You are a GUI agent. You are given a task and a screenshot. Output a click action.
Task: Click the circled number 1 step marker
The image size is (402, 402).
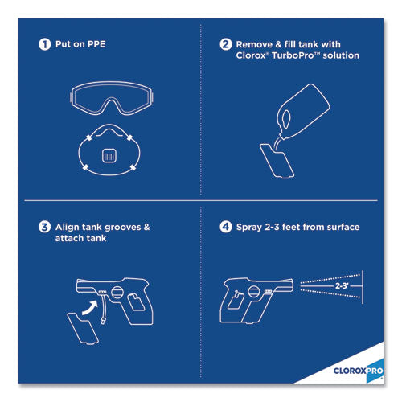click(x=44, y=44)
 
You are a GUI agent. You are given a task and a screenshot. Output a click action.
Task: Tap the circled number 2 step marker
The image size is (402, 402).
click(x=226, y=44)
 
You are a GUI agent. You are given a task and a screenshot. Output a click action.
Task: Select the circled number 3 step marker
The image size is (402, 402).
click(x=44, y=227)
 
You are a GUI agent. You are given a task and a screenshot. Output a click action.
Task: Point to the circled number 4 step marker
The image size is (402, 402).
click(x=226, y=227)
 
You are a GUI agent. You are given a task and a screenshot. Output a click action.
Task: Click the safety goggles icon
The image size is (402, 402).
click(x=112, y=98)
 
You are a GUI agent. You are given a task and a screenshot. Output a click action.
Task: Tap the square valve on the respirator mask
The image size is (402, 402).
click(x=109, y=155)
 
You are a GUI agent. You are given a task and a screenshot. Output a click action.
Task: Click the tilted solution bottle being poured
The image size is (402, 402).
click(x=303, y=111)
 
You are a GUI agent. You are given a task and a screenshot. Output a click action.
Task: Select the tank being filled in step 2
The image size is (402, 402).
click(x=277, y=161)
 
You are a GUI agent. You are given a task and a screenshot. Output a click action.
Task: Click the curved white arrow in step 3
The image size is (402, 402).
click(x=90, y=307)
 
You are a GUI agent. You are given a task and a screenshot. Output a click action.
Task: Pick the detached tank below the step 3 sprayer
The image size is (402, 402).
click(x=83, y=328)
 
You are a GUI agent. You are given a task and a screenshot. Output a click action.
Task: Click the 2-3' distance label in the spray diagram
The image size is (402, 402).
click(x=342, y=286)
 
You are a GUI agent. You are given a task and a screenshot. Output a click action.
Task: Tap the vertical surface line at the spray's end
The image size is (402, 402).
click(x=363, y=287)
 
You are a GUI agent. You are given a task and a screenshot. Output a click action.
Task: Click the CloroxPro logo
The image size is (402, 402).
click(x=358, y=371)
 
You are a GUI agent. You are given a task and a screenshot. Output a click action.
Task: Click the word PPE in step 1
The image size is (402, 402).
click(x=96, y=44)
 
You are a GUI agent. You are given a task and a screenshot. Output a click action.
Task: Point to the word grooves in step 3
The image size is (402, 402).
click(x=123, y=228)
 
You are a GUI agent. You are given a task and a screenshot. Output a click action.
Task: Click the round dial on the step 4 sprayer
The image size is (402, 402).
click(x=254, y=292)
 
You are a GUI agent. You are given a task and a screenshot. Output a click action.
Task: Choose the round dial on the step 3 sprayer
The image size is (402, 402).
click(x=117, y=292)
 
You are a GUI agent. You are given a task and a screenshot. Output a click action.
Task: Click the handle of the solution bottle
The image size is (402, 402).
click(x=286, y=118)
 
